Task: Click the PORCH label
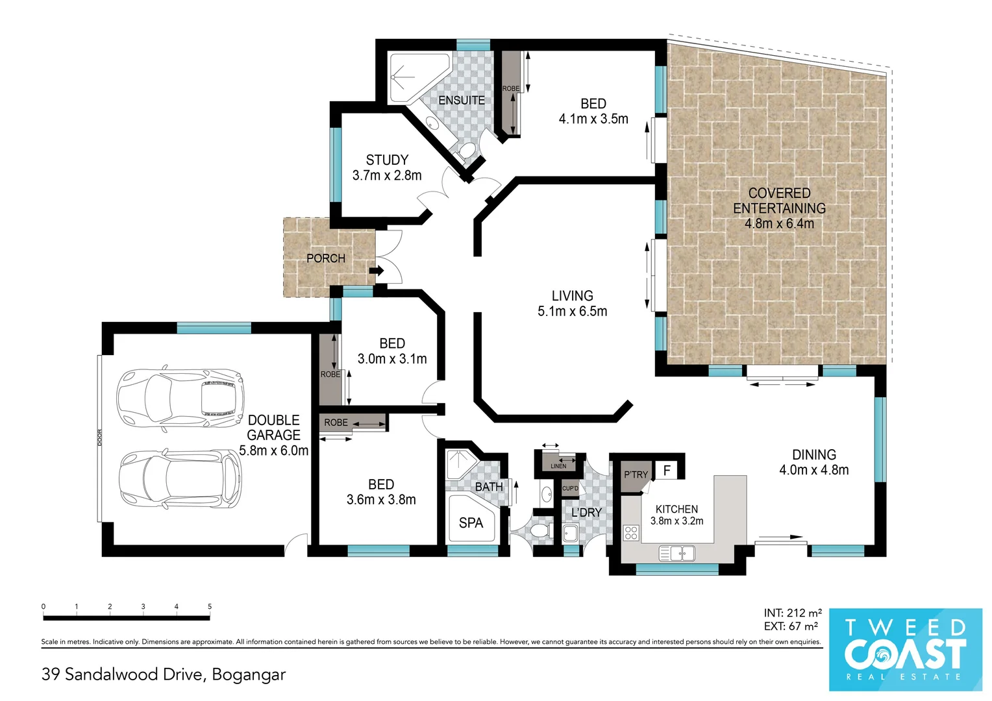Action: [325, 258]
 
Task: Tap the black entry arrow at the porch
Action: [377, 271]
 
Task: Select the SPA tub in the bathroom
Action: [471, 519]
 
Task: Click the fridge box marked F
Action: [667, 471]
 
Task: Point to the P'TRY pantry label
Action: [636, 474]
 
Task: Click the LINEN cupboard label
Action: [558, 466]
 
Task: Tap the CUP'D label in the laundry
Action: [570, 489]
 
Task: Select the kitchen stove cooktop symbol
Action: [630, 533]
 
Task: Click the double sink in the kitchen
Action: [676, 553]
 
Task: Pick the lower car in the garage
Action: [180, 480]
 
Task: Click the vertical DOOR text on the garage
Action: [99, 437]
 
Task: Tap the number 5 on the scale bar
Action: [210, 606]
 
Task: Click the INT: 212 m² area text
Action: [792, 613]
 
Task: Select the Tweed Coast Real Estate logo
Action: [905, 649]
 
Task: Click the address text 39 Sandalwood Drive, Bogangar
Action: [164, 674]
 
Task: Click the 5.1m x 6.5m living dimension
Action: [572, 312]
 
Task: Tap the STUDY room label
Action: [387, 160]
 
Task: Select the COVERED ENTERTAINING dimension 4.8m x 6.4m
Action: [779, 224]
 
